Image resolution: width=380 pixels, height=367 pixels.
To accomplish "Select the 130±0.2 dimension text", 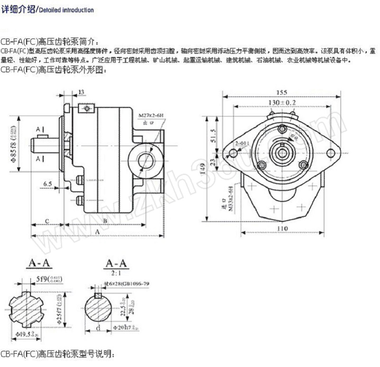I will [x=282, y=103].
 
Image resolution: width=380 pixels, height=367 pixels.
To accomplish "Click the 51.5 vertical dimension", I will [x=214, y=134].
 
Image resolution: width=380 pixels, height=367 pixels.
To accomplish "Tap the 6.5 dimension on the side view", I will [x=47, y=183].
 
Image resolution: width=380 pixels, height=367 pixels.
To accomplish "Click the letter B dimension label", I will [x=105, y=221].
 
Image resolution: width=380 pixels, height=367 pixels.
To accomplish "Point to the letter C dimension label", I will [x=47, y=221].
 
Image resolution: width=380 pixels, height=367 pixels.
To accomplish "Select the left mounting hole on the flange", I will [x=233, y=153].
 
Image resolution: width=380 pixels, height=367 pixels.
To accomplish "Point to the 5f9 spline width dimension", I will [x=49, y=279].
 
